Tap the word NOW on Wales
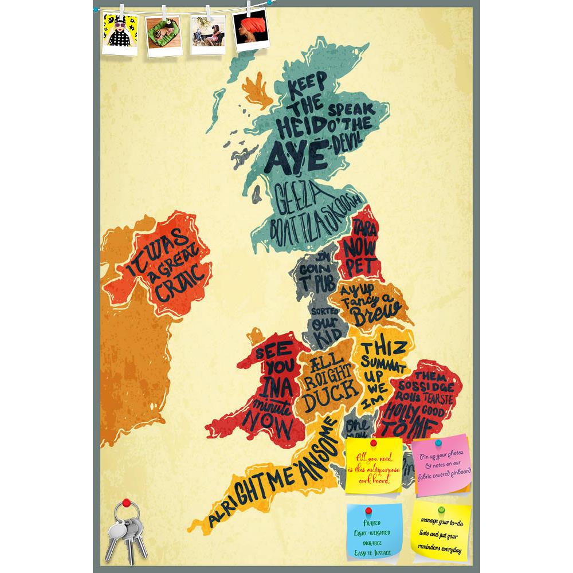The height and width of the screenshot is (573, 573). click(273, 426)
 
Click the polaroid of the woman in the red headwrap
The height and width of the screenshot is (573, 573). click(252, 30)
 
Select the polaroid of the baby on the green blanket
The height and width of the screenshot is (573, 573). click(164, 35)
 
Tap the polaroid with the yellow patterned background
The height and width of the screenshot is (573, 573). click(120, 33)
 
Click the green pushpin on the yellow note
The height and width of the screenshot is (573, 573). click(441, 509)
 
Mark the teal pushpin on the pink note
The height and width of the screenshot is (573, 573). click(438, 443)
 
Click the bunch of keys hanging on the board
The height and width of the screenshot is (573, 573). click(129, 530)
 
